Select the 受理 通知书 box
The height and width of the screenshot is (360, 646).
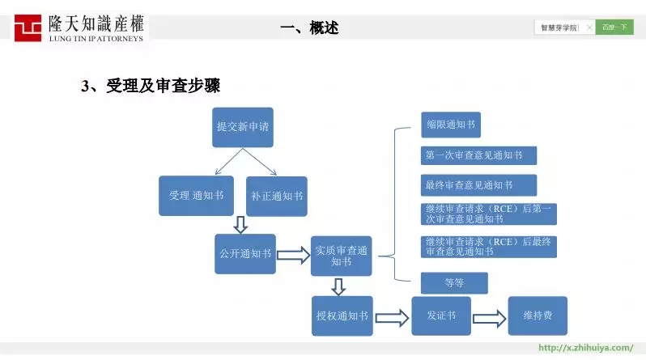(196, 196)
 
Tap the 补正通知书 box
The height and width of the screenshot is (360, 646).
(276, 196)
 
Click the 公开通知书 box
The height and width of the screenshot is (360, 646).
(244, 253)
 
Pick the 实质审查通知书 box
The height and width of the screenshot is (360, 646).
(341, 256)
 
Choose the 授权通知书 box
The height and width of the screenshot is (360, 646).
(342, 316)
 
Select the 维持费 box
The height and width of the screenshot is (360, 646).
(538, 316)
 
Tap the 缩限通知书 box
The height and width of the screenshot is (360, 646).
(451, 125)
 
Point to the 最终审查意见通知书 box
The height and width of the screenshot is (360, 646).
(478, 185)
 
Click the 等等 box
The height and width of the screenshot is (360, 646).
(454, 282)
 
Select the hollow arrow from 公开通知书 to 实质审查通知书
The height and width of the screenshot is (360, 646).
(293, 256)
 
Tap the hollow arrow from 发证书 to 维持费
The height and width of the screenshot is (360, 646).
(489, 317)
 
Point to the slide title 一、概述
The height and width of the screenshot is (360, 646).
(308, 28)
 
